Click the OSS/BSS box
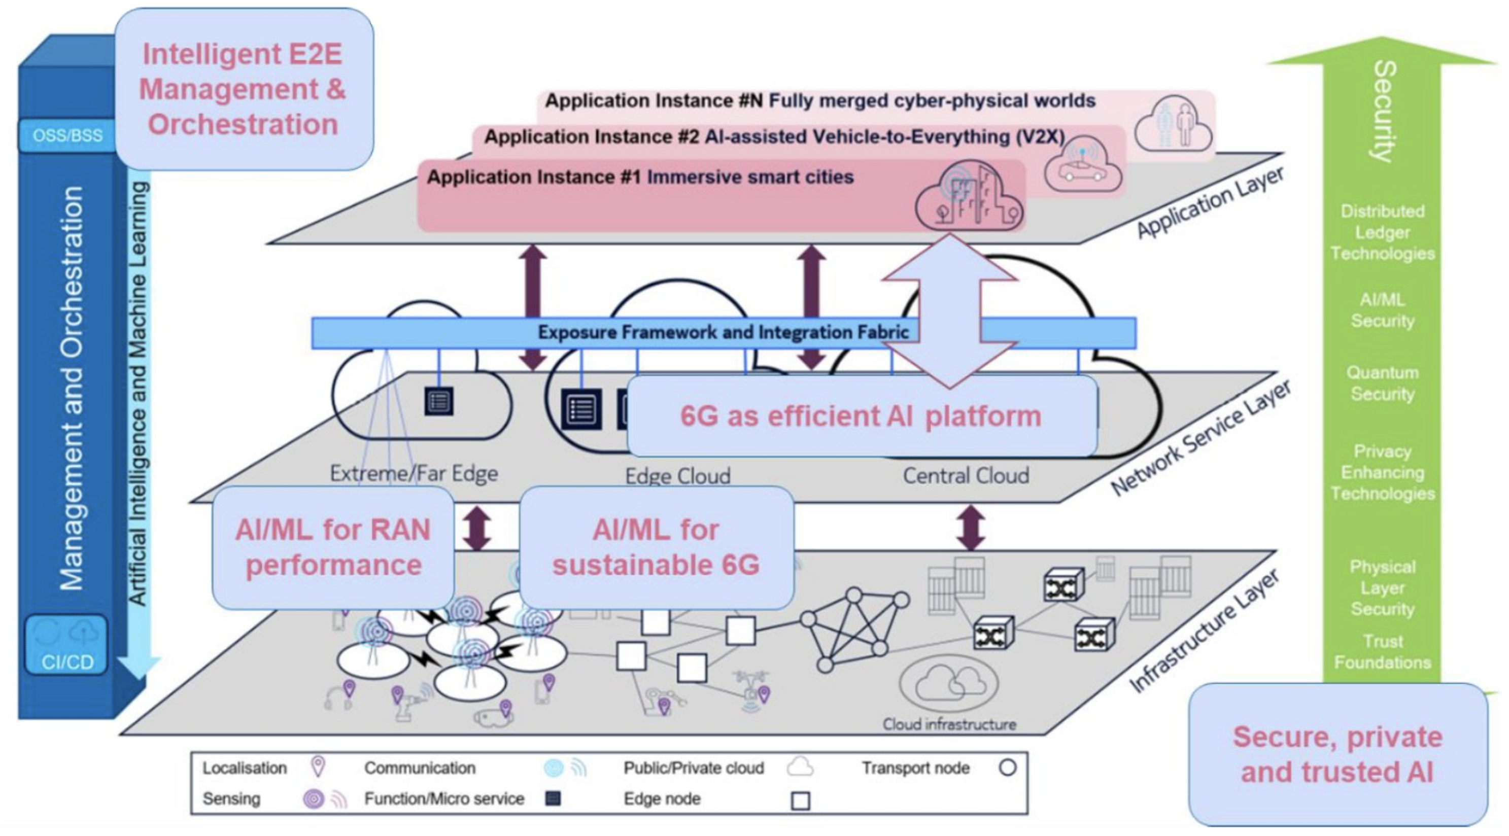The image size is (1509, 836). (67, 135)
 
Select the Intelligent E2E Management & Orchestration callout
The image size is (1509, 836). (243, 89)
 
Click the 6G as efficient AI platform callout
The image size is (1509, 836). (861, 416)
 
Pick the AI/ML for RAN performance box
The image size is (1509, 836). (333, 547)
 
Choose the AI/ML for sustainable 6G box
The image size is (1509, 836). (656, 547)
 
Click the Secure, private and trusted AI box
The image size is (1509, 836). (1337, 754)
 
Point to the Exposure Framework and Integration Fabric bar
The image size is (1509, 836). (723, 333)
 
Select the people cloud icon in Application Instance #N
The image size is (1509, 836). (1173, 125)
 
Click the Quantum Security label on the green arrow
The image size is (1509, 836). (1383, 383)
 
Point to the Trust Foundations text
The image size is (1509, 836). (1383, 651)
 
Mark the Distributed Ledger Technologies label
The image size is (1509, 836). (1383, 232)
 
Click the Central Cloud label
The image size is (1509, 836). (966, 475)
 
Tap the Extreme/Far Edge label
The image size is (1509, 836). (414, 473)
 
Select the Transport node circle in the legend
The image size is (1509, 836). (1007, 768)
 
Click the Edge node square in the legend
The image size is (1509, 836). (800, 800)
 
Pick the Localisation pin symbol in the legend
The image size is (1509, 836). (318, 767)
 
